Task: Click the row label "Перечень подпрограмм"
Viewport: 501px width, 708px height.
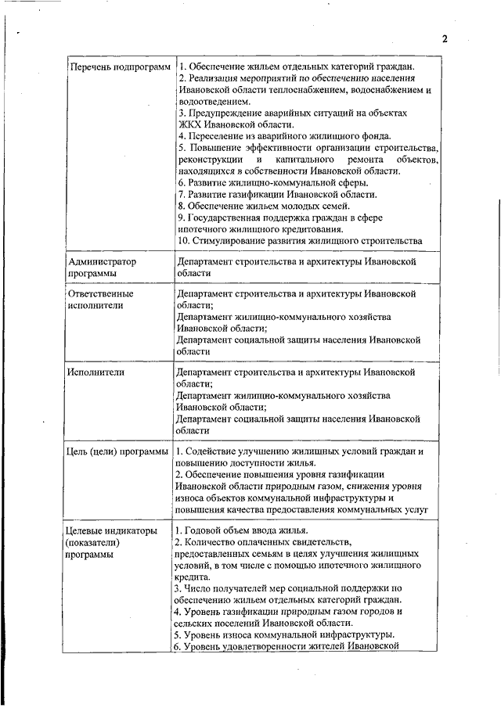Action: pos(120,67)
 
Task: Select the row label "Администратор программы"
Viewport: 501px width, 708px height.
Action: pos(103,268)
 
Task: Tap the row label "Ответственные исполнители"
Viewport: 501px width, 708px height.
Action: pos(100,300)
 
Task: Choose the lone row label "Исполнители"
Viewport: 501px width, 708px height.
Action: pos(96,372)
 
